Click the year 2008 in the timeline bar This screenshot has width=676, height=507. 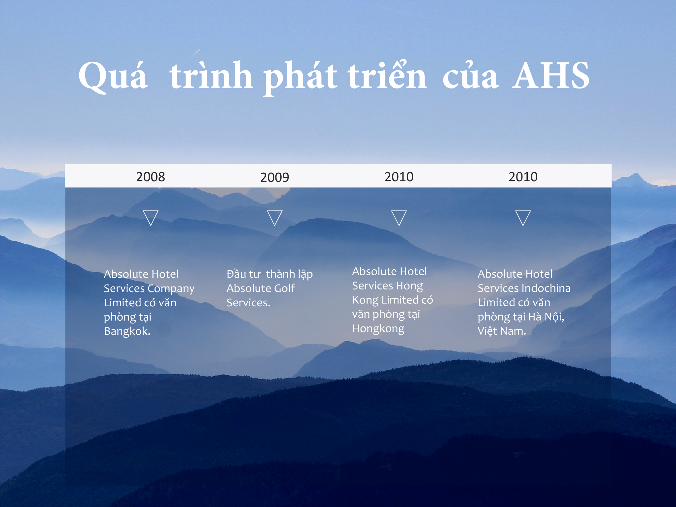click(x=150, y=177)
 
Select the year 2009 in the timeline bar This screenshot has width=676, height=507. click(x=274, y=178)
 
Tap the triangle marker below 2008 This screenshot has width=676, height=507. click(x=151, y=218)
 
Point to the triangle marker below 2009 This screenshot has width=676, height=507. click(x=274, y=218)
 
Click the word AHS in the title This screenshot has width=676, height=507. click(x=551, y=76)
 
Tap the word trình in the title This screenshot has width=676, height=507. click(x=211, y=75)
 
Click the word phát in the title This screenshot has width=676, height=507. click(x=300, y=77)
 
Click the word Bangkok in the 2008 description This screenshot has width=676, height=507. click(x=127, y=331)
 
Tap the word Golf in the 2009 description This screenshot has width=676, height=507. click(x=284, y=288)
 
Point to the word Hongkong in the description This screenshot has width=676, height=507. click(x=378, y=329)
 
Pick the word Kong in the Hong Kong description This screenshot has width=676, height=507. click(x=365, y=300)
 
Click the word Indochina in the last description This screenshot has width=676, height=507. click(x=551, y=288)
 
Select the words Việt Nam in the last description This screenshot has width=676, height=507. click(x=502, y=331)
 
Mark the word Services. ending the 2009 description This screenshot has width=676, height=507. click(x=248, y=303)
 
